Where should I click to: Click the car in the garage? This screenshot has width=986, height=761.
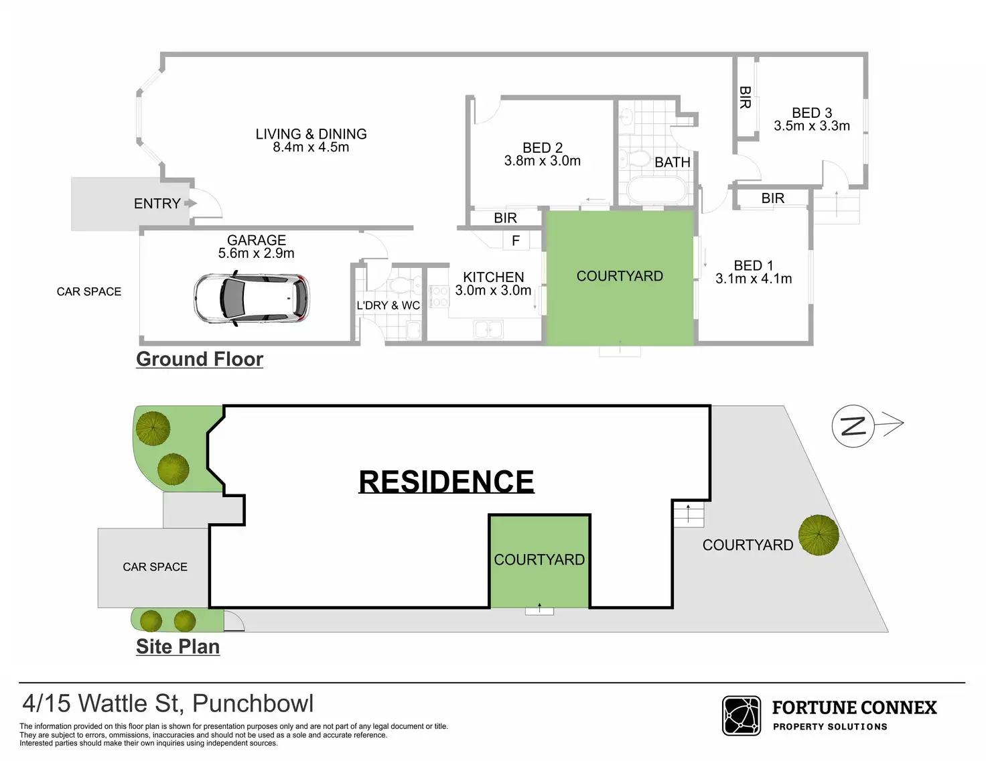[252, 299]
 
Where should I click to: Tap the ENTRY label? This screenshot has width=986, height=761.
[157, 204]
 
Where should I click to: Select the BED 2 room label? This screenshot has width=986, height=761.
[543, 147]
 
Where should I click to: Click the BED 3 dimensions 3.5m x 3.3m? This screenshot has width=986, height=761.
[812, 126]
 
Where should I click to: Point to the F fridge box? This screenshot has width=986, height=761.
[516, 240]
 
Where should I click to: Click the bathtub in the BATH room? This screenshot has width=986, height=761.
[657, 190]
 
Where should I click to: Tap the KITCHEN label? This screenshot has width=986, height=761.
[494, 277]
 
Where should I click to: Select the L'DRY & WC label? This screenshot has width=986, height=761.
[388, 305]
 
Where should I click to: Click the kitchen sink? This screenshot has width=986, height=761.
[488, 330]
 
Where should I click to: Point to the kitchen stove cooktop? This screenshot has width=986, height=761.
[439, 297]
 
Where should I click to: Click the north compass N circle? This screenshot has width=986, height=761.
[853, 426]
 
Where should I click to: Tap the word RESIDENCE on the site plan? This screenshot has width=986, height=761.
[446, 482]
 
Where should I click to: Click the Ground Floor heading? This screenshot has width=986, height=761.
[200, 359]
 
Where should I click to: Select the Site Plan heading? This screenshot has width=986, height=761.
[178, 646]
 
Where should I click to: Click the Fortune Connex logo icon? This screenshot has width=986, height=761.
[741, 715]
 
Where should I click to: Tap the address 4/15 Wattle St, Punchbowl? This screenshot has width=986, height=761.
[167, 703]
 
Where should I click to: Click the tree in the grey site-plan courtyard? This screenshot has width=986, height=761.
[819, 535]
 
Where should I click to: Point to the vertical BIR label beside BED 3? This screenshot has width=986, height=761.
[745, 97]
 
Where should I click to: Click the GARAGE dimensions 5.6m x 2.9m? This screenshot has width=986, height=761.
[256, 253]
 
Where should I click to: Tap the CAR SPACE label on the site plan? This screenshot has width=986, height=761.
[155, 567]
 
